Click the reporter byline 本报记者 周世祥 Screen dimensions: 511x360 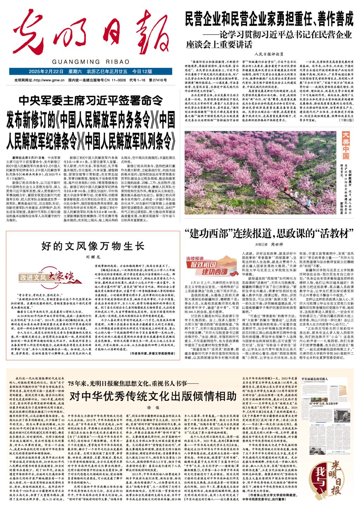point(269,244)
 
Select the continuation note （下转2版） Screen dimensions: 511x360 point(346,120)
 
